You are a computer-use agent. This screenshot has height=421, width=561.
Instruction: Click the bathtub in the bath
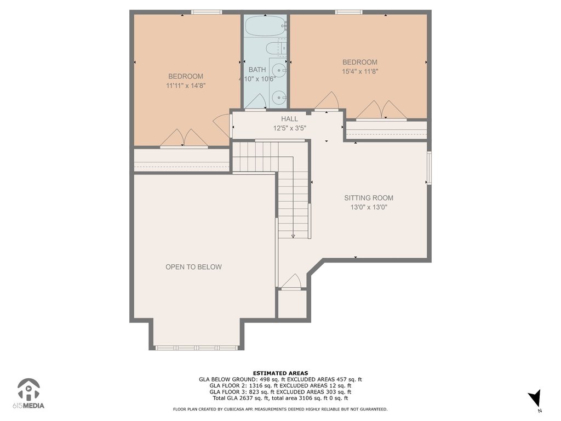(266, 25)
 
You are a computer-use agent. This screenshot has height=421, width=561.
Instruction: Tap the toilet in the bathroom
(277, 48)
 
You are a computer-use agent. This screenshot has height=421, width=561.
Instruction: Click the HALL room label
(289, 119)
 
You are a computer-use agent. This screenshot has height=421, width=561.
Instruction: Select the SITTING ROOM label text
(369, 197)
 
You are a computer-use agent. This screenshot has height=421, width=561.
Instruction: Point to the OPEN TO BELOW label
(193, 267)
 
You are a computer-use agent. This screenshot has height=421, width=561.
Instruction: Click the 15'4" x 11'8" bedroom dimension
(360, 71)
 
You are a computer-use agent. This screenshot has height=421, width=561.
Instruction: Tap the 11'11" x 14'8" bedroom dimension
(186, 86)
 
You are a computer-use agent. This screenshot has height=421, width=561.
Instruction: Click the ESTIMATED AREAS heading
(280, 373)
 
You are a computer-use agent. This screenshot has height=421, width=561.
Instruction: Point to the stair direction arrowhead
(293, 236)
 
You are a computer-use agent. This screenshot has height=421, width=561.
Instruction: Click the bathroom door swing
(255, 101)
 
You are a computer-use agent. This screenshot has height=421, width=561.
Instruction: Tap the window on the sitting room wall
(429, 168)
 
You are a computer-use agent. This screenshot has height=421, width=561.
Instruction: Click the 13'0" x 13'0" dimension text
(369, 207)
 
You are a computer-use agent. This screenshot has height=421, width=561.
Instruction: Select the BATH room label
(257, 70)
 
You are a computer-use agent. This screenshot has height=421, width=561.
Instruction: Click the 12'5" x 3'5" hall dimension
(289, 128)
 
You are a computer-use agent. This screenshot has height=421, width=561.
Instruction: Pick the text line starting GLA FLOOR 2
(280, 385)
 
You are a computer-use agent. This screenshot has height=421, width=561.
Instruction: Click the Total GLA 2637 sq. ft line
(280, 398)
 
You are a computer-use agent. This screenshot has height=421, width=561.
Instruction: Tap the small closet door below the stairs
(291, 281)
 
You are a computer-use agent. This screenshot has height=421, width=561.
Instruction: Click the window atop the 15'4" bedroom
(349, 12)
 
